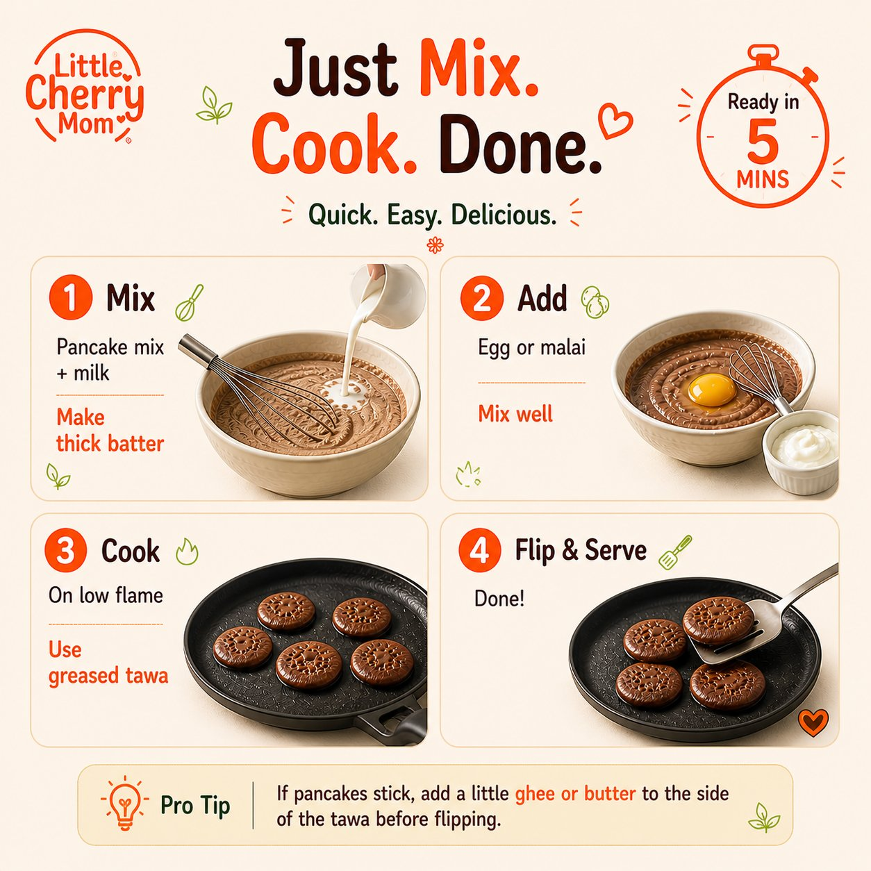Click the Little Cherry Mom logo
[x=85, y=86]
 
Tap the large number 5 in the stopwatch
[x=763, y=141]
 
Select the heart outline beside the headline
[x=615, y=120]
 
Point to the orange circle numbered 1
[x=71, y=297]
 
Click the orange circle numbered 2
[x=482, y=298]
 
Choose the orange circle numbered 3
[x=65, y=550]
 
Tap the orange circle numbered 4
[x=479, y=550]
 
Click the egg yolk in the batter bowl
[x=712, y=390]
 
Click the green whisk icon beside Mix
[x=189, y=303]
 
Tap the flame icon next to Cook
[x=187, y=551]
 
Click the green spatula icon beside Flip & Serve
[x=675, y=552]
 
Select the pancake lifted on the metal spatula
[x=717, y=620]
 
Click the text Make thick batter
[x=110, y=430]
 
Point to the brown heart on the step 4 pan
[x=813, y=722]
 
